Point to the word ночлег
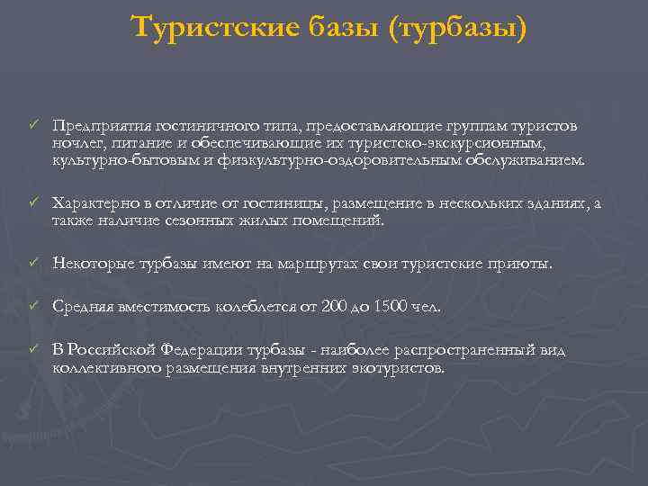click(75, 143)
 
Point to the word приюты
click(519, 264)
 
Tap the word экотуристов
click(400, 367)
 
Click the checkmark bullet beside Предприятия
click(33, 125)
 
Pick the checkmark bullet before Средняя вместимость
click(33, 307)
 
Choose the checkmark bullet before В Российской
click(33, 349)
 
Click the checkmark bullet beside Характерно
click(33, 202)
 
